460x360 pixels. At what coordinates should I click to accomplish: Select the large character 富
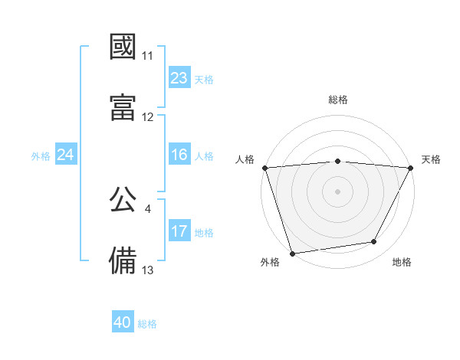click(123, 106)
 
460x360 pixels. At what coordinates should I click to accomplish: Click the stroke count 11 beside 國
click(148, 56)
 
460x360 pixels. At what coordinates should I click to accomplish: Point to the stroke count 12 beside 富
click(148, 117)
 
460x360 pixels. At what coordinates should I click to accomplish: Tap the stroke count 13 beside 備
click(148, 270)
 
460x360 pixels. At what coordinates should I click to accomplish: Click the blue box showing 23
click(179, 78)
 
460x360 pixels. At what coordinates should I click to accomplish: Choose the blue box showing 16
click(179, 155)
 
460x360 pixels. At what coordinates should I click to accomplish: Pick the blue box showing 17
click(179, 232)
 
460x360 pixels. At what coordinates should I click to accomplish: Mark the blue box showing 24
click(66, 155)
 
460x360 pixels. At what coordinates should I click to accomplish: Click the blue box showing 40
click(123, 323)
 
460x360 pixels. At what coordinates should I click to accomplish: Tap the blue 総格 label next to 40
click(147, 324)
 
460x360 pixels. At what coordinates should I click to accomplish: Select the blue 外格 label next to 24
click(41, 156)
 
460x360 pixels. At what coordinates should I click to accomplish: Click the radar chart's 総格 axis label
click(338, 100)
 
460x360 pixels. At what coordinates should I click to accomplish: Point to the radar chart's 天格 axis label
click(432, 159)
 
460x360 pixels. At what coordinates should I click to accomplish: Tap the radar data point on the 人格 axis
click(265, 168)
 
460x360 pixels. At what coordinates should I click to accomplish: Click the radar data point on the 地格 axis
click(374, 242)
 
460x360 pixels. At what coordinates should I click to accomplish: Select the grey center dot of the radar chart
click(337, 191)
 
